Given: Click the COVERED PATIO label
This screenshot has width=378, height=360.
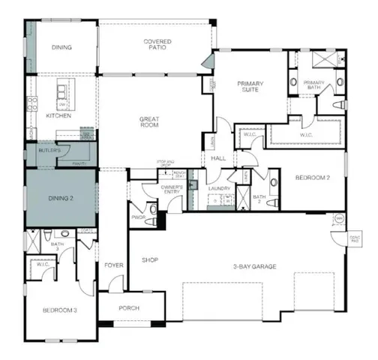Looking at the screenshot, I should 158,45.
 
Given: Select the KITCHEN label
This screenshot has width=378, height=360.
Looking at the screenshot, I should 58,116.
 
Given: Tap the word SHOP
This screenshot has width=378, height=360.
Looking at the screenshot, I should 150,261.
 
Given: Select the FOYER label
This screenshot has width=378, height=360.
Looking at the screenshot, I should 113,263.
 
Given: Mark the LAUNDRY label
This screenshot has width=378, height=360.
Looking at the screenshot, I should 218,189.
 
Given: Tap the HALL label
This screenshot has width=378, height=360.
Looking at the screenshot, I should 218,158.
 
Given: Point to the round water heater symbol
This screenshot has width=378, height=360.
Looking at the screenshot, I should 339,219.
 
